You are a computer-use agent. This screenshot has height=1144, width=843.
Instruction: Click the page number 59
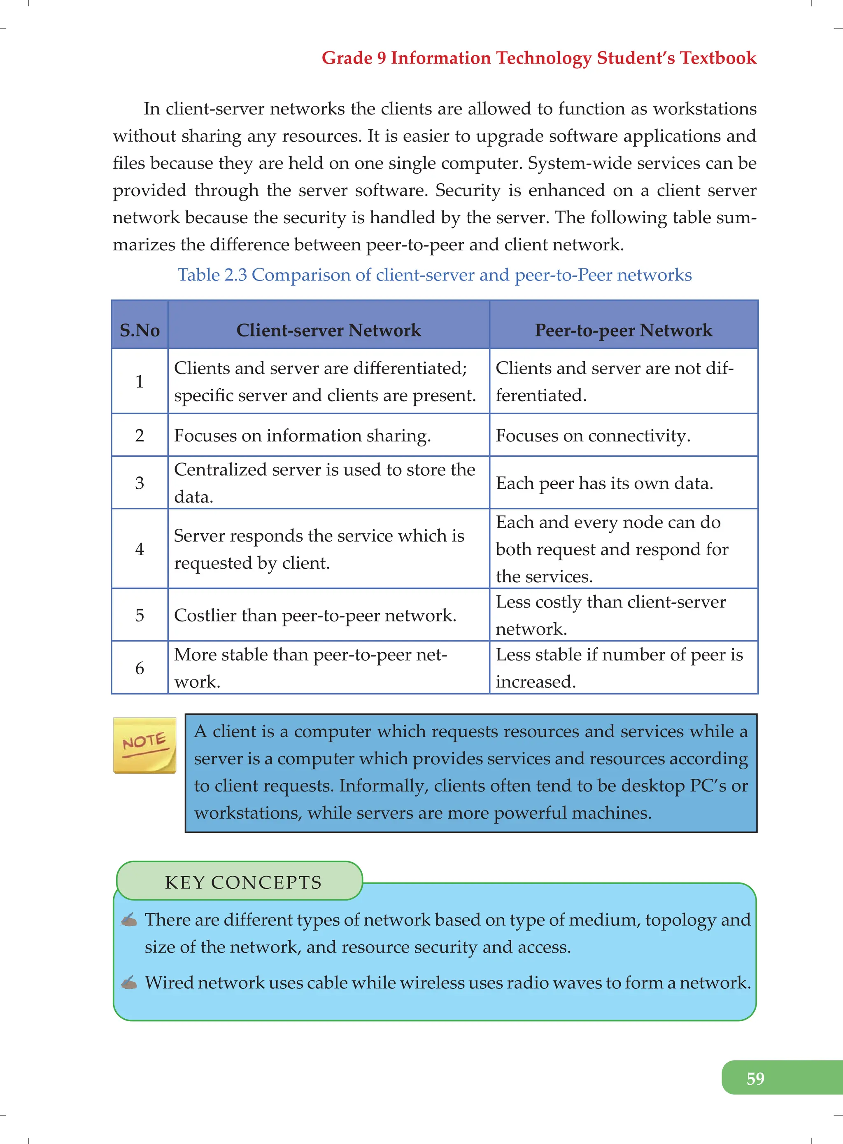[755, 1078]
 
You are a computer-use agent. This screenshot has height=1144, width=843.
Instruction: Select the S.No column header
[139, 330]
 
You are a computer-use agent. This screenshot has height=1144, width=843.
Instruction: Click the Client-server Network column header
[328, 330]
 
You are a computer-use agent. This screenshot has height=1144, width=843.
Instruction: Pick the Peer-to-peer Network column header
[623, 330]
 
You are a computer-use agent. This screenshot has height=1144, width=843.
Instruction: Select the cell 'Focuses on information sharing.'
[303, 435]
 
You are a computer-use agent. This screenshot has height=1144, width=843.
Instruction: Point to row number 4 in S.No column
[139, 549]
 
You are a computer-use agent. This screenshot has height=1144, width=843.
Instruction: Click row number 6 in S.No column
[139, 668]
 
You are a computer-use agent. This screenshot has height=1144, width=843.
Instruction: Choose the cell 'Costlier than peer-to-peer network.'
[315, 615]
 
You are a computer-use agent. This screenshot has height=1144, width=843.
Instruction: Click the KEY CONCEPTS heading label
[243, 882]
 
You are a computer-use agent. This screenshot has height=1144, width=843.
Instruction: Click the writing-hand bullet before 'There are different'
[129, 920]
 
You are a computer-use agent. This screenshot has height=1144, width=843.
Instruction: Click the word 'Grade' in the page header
[347, 58]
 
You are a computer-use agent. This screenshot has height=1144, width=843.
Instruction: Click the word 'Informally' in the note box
[383, 785]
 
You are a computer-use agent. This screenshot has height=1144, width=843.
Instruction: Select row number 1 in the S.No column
[139, 381]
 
